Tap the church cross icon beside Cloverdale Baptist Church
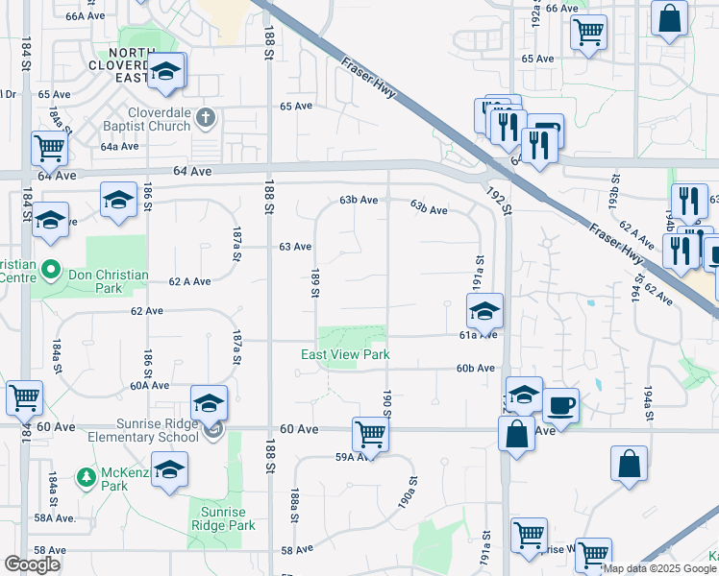pos(204,119)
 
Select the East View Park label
pos(345,354)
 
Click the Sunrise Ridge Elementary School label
pos(147,430)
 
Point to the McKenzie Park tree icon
pos(86,476)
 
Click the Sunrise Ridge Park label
pos(222,518)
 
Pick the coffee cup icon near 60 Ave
pos(560,404)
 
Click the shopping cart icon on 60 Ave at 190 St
pos(370,433)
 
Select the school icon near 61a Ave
pos(485,310)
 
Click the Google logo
pos(32,564)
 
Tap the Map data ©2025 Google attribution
pos(660,568)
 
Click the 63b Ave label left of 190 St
pos(358,201)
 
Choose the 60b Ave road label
pos(475,368)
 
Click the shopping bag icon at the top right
pos(669,17)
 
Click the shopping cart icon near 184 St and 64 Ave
pos(48,148)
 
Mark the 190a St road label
pos(408,492)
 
